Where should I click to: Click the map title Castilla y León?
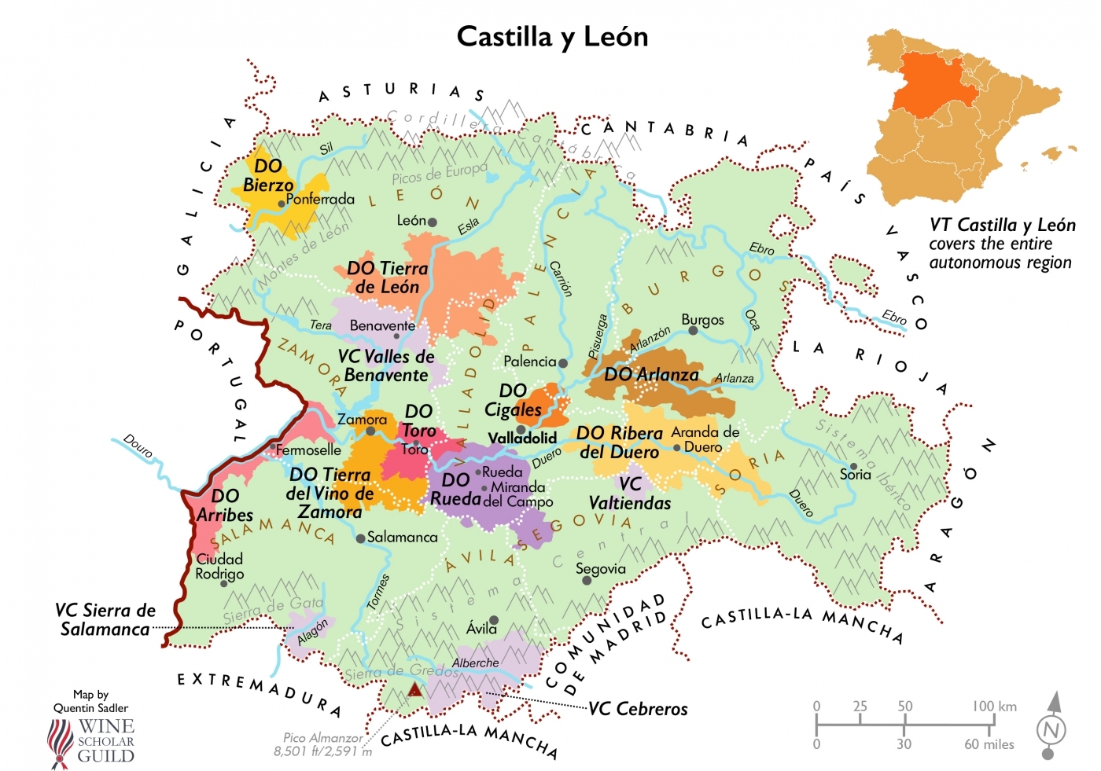(x=552, y=37)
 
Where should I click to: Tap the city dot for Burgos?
(x=693, y=331)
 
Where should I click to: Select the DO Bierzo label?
(x=268, y=175)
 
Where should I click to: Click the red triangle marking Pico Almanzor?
(x=414, y=691)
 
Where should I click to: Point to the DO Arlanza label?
(x=651, y=375)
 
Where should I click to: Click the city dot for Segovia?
(x=587, y=581)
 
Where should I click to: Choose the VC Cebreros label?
(x=638, y=709)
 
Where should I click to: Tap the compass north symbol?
(x=1051, y=728)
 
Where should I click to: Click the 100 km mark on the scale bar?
(x=994, y=707)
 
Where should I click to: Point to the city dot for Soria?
(x=853, y=466)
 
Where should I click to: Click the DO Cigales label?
(x=513, y=400)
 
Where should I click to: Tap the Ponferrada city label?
(x=320, y=200)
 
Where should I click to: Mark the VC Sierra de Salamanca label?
(x=105, y=620)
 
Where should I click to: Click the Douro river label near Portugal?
(x=138, y=446)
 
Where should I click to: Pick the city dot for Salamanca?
(x=360, y=538)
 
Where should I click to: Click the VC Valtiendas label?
(x=630, y=494)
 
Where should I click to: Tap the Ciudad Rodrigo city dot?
(x=223, y=584)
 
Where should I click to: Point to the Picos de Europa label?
(x=440, y=174)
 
